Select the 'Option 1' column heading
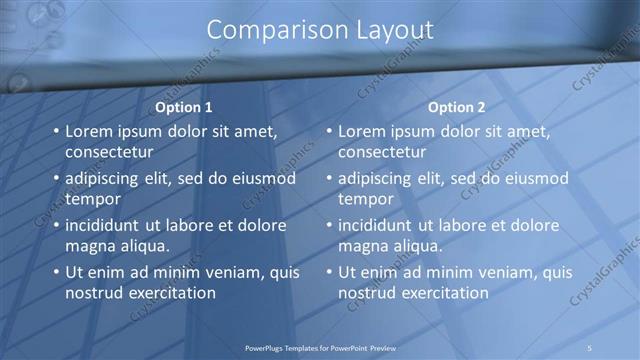coord(185,107)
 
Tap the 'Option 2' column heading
coord(457,107)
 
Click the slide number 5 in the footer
coord(590,347)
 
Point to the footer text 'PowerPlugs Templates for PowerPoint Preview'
coord(320,347)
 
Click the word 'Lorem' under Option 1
coord(90,131)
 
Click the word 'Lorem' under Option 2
coord(363,131)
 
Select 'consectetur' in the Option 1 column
coord(109,152)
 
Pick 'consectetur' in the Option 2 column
coord(382,152)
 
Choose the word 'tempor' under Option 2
coord(366,199)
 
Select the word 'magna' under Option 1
coord(90,245)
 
